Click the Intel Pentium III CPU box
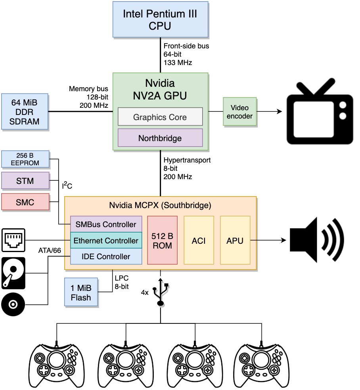click(x=160, y=19)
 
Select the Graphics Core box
click(x=160, y=117)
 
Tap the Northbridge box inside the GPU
click(x=160, y=138)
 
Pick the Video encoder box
click(x=239, y=111)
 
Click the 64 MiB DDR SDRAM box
click(x=24, y=111)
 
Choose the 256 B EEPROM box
click(x=25, y=159)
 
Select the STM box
click(x=25, y=181)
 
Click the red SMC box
click(x=25, y=202)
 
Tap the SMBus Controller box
click(x=106, y=224)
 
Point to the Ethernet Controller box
click(x=106, y=240)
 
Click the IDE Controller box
click(x=106, y=256)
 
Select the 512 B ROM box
click(x=162, y=240)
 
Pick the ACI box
click(x=199, y=240)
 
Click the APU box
click(x=235, y=240)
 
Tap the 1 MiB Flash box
click(x=81, y=292)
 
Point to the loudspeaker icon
click(x=317, y=240)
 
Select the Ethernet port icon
click(x=13, y=240)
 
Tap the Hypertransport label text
click(x=187, y=160)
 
